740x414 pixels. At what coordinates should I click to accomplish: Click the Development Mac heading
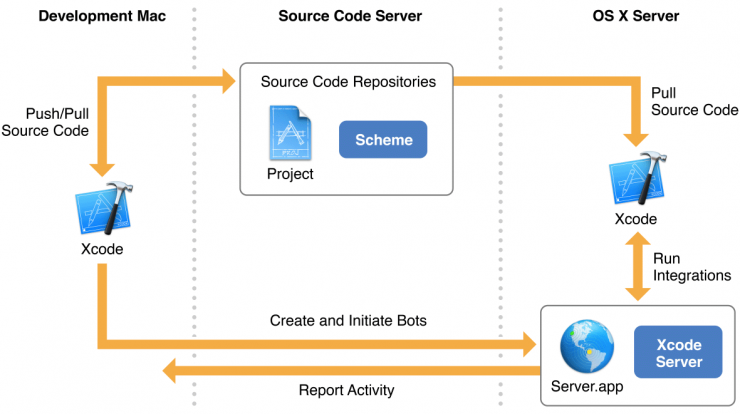[x=102, y=16]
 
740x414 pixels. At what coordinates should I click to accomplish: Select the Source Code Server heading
[x=350, y=16]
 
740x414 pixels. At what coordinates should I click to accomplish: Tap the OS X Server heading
[x=636, y=16]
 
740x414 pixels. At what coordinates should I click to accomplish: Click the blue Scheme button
[x=383, y=140]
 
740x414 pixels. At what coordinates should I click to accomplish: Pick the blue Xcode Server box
[x=678, y=352]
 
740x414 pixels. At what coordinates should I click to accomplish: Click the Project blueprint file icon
[x=290, y=133]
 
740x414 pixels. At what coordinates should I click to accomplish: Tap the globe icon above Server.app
[x=587, y=347]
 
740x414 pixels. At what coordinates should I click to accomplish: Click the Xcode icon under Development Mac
[x=104, y=208]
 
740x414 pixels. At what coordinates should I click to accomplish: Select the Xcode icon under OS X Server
[x=637, y=178]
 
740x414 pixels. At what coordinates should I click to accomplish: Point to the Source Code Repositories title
[x=348, y=82]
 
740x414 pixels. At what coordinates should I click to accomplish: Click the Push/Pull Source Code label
[x=45, y=122]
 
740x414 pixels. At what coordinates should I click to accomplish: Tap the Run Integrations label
[x=692, y=267]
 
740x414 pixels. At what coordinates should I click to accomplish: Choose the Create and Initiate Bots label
[x=348, y=321]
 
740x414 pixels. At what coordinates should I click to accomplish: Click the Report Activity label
[x=346, y=390]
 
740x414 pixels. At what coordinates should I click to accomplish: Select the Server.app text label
[x=587, y=387]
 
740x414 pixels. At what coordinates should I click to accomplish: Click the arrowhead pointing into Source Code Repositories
[x=229, y=81]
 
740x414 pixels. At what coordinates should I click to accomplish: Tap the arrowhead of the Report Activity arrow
[x=169, y=371]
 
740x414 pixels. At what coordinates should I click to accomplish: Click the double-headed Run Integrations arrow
[x=638, y=267]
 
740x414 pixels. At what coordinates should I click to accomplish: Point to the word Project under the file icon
[x=290, y=174]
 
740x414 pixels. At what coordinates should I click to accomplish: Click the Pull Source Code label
[x=695, y=101]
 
